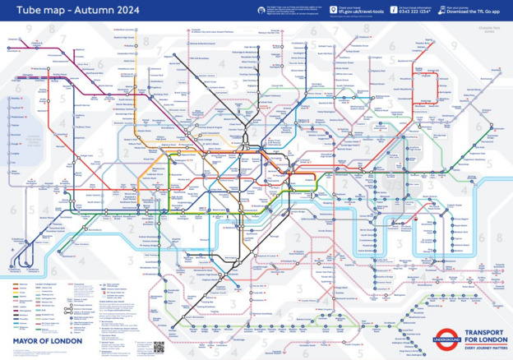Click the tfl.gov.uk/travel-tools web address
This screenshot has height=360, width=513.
click(362, 13)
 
